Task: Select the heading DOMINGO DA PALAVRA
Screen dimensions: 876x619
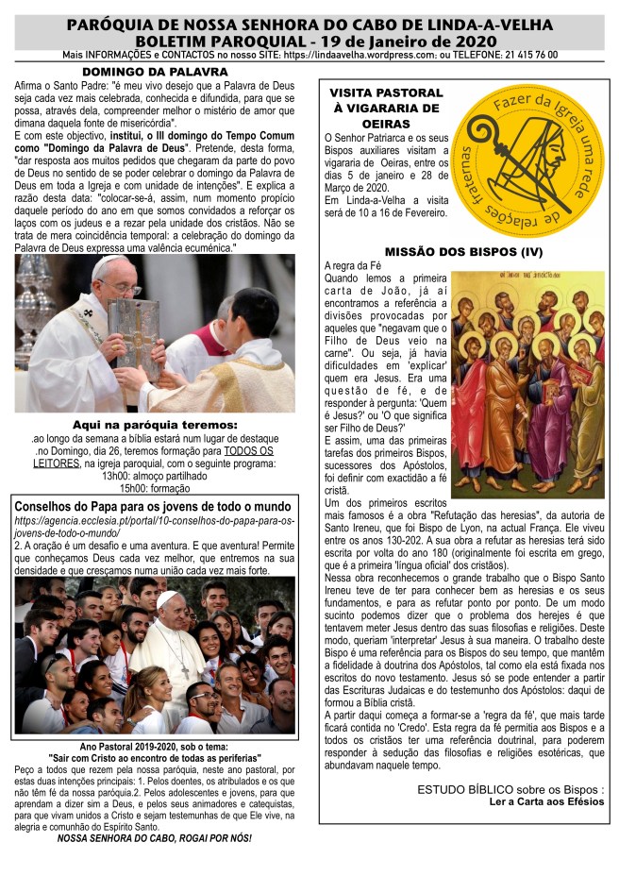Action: (x=155, y=71)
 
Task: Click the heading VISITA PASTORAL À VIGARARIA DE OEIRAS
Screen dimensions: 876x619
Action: (x=385, y=108)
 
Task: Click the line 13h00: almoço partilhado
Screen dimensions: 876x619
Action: (x=155, y=476)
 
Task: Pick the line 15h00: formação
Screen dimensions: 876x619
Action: (x=155, y=488)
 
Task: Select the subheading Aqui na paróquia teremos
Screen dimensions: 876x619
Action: (x=155, y=425)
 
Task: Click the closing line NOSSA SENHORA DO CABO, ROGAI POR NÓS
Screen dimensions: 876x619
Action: (x=155, y=837)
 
